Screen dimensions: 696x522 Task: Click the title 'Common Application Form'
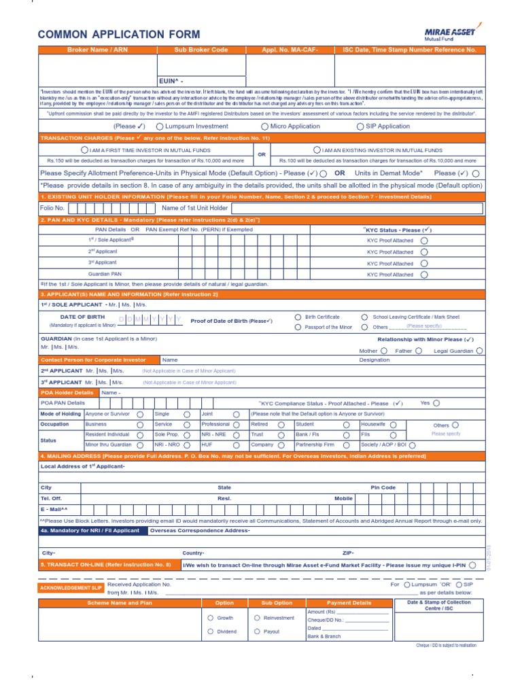119,35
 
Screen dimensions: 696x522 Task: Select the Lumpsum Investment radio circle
160,126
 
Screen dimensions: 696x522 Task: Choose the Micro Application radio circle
265,126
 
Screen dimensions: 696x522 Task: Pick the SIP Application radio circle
360,126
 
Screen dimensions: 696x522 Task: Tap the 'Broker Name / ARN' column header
98,50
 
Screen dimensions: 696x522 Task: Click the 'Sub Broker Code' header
201,50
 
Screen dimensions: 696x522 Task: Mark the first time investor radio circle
84,150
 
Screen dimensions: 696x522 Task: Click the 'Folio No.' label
52,207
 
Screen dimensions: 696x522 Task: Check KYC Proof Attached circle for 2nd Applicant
424,251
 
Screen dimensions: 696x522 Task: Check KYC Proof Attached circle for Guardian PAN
424,275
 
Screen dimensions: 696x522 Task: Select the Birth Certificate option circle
298,317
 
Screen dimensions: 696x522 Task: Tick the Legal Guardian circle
480,351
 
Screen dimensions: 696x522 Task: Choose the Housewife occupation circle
393,424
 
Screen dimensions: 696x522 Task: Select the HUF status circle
236,445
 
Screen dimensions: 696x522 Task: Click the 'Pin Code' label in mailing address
383,487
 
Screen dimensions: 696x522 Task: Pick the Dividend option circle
209,631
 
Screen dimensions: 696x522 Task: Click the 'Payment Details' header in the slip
349,603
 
